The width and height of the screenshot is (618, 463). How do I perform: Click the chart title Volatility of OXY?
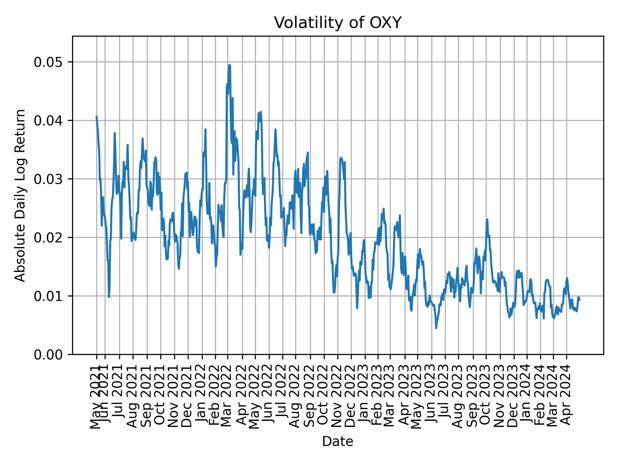coord(338,23)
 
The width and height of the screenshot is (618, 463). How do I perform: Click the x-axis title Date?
coord(338,442)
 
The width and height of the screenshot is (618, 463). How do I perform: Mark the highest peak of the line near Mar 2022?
coord(229,65)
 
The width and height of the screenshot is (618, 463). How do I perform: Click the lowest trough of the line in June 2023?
coord(436,328)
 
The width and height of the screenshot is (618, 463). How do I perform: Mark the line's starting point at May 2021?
coord(96,116)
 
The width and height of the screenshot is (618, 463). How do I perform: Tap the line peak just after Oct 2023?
coord(487,219)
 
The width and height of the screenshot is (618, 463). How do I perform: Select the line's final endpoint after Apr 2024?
coord(579,300)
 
